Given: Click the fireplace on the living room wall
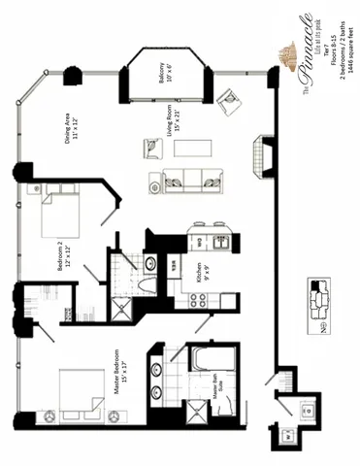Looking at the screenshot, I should (259, 152).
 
